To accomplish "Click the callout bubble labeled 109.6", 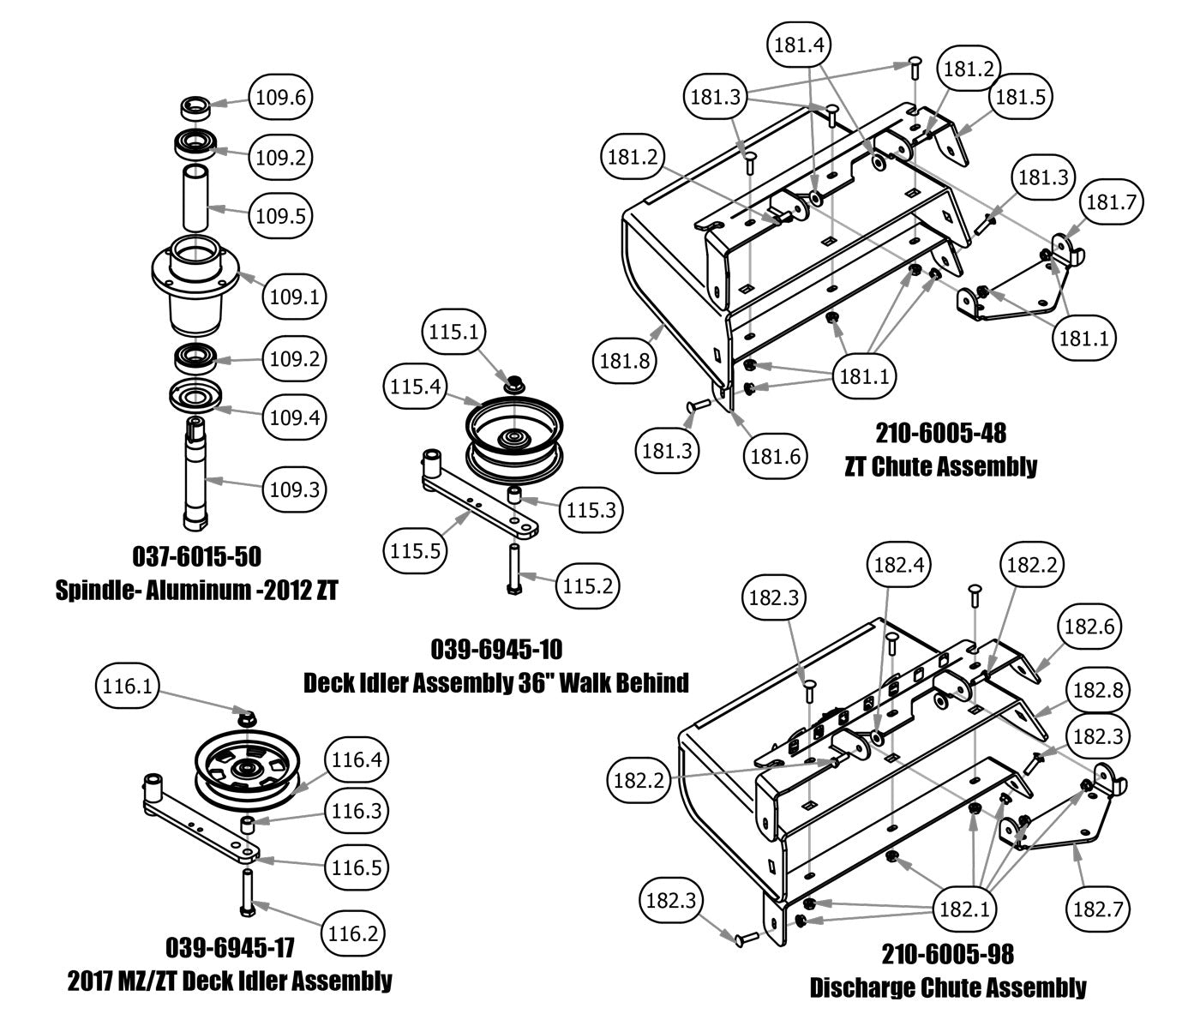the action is [x=280, y=97].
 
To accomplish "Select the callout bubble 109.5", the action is [x=280, y=214].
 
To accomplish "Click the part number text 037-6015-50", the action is [x=196, y=556].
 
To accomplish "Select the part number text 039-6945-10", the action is [x=496, y=649].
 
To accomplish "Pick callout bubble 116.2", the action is [x=352, y=933].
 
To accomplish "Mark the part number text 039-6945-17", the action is [x=230, y=947].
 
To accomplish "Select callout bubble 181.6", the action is [x=776, y=456].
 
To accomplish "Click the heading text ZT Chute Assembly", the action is [x=940, y=466].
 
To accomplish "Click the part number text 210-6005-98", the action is [x=947, y=953].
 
